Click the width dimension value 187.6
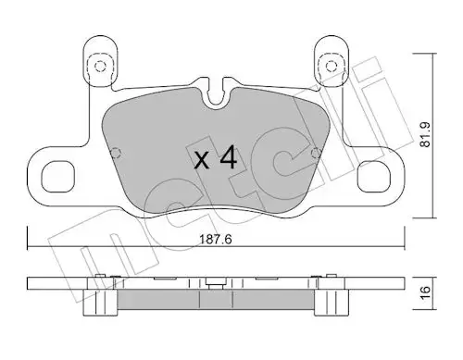pyautogui.click(x=216, y=240)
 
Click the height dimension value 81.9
pyautogui.click(x=426, y=134)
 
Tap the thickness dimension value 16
pyautogui.click(x=426, y=292)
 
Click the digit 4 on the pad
pyautogui.click(x=229, y=157)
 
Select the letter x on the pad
pyautogui.click(x=202, y=161)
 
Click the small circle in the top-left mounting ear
pyautogui.click(x=100, y=67)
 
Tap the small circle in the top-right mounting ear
pyautogui.click(x=331, y=66)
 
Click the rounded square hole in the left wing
pyautogui.click(x=58, y=177)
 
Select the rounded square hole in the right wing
pyautogui.click(x=374, y=177)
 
